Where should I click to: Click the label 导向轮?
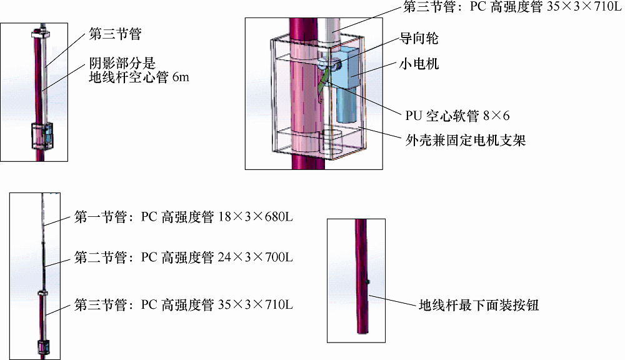point(419,39)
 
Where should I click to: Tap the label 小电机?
point(419,64)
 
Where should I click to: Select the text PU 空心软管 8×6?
point(457,116)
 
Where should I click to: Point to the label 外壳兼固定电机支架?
point(466,141)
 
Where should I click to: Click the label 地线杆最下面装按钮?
point(479,306)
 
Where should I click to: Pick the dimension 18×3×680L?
point(256,217)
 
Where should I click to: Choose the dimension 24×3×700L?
point(256,257)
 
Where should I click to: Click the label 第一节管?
point(101,217)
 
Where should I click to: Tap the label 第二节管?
point(101,257)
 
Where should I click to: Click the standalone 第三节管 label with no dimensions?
point(115,34)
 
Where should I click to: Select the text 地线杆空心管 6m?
point(139,77)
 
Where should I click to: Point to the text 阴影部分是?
point(122,63)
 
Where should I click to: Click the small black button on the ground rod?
point(368,282)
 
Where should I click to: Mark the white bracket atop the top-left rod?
point(41,34)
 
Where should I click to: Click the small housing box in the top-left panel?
point(42,136)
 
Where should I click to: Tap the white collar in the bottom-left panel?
point(42,294)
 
